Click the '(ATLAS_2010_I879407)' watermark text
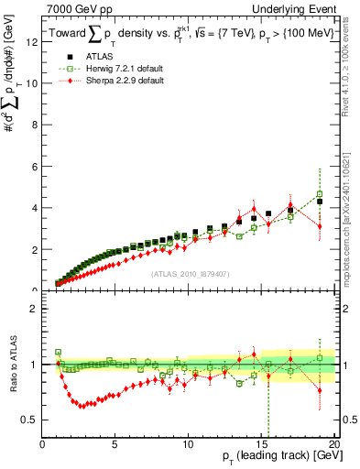click(189, 273)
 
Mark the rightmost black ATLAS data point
click(320, 201)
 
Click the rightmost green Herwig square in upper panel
click(320, 194)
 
